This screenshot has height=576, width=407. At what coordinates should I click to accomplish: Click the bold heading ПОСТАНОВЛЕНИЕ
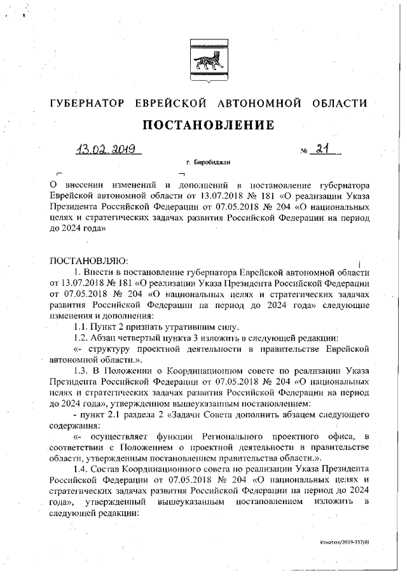tap(208, 125)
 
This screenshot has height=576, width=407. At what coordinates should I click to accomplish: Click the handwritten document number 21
tap(325, 149)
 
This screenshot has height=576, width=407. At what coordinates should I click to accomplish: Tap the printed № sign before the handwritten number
tap(304, 152)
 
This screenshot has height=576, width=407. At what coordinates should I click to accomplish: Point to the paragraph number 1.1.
tap(83, 326)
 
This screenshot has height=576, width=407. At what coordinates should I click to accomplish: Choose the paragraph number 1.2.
tap(83, 337)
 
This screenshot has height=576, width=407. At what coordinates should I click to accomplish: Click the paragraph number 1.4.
tap(83, 468)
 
